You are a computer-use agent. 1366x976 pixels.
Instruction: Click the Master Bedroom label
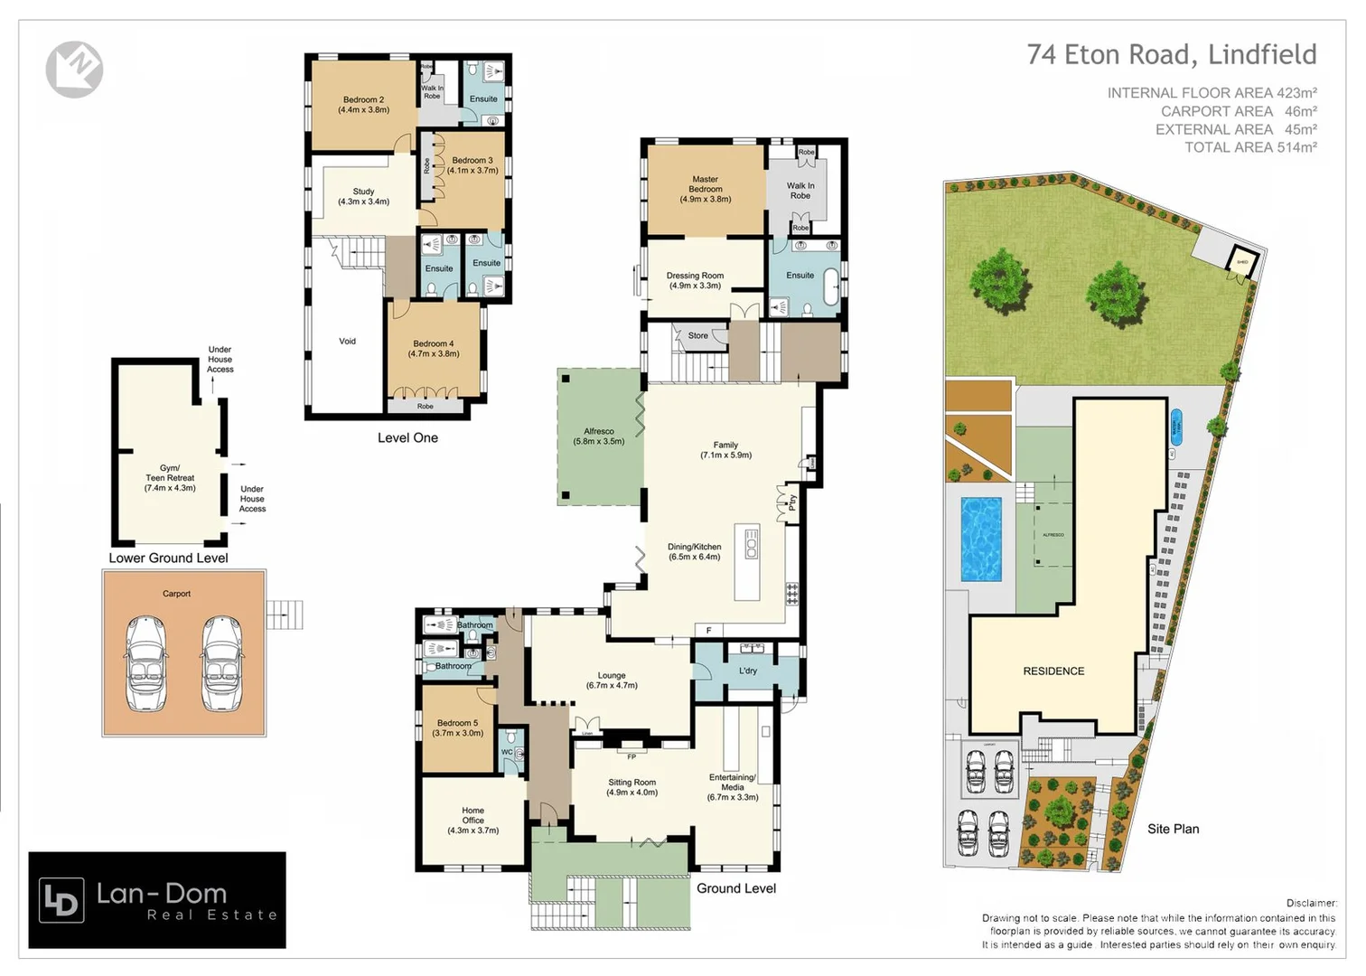[706, 189]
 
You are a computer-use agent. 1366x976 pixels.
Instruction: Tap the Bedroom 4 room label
[434, 348]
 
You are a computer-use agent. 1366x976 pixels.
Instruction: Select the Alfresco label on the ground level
[599, 436]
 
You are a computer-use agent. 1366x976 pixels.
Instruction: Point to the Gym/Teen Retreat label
[170, 477]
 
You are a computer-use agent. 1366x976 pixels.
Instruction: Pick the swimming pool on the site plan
[981, 539]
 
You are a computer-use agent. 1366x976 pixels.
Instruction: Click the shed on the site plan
[1242, 261]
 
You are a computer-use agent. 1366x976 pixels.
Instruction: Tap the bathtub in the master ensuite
[830, 286]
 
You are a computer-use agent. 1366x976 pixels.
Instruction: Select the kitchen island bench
[750, 560]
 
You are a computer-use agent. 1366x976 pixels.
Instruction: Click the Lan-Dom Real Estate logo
[157, 900]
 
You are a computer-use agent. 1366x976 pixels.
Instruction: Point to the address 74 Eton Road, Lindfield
[1171, 55]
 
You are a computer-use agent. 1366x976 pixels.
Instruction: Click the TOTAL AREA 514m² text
[1250, 147]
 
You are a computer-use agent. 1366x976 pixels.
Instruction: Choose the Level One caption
[407, 437]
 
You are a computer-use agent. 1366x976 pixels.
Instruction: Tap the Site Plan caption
[1173, 829]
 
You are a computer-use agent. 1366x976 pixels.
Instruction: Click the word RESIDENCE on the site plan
[1053, 671]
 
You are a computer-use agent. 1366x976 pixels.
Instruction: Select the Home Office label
[472, 820]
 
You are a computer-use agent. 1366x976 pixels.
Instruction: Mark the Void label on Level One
[347, 341]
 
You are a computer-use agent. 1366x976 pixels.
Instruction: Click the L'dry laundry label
[748, 671]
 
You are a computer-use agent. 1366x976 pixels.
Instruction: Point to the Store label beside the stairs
[698, 335]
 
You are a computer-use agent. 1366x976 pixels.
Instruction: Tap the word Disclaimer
[1311, 903]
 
